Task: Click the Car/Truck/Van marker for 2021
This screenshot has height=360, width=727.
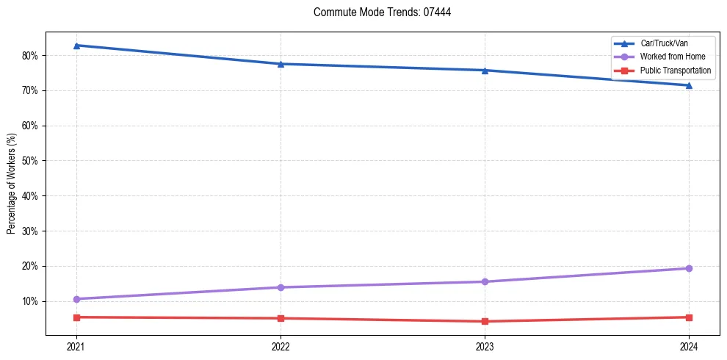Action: point(76,46)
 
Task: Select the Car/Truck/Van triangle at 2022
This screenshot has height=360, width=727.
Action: point(281,64)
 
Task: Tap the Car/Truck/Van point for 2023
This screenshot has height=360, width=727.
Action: point(485,71)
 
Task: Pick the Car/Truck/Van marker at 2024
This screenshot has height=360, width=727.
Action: point(689,85)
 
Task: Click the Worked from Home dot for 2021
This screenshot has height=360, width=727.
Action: point(76,299)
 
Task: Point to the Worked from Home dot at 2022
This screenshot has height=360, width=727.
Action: point(281,287)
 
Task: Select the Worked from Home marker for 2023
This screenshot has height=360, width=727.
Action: point(485,281)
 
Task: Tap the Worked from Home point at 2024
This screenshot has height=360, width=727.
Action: point(689,268)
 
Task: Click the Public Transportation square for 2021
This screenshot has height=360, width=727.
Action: point(76,317)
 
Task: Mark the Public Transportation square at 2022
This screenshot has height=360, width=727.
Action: point(281,318)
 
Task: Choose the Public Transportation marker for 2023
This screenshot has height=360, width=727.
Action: point(485,321)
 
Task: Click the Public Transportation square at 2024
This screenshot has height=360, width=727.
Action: point(689,317)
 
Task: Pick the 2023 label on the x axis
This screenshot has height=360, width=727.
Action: point(485,347)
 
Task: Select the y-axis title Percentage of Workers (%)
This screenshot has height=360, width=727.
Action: point(12,184)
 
